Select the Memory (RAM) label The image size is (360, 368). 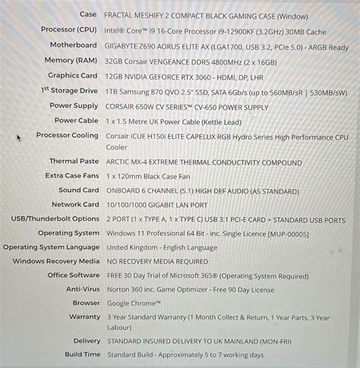pos(71,60)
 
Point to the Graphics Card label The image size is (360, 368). pos(73,76)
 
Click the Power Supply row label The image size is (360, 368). pos(74,105)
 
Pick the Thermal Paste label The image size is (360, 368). pos(74,162)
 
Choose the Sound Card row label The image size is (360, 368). pos(79,190)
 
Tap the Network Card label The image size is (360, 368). pos(75,204)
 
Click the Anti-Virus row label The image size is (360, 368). pos(82,289)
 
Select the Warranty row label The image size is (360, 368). pos(84,317)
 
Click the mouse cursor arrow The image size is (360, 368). pos(19,137)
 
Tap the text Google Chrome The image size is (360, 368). pos(134,303)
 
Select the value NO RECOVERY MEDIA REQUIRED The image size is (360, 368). pos(157,261)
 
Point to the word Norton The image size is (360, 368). pos(120,289)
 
